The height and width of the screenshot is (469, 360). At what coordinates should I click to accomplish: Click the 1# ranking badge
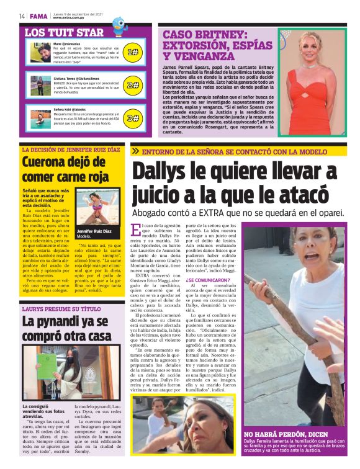(132, 52)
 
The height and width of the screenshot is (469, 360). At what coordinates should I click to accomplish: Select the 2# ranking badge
(132, 85)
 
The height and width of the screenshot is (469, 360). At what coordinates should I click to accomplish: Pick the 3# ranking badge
(132, 118)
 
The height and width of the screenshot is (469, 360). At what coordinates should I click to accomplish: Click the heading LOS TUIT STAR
(64, 32)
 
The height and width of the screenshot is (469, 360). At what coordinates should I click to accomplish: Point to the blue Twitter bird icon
(119, 25)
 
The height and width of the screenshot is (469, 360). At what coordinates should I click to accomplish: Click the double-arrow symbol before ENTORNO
(135, 151)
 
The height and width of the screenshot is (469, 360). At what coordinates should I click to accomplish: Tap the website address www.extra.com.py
(69, 19)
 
